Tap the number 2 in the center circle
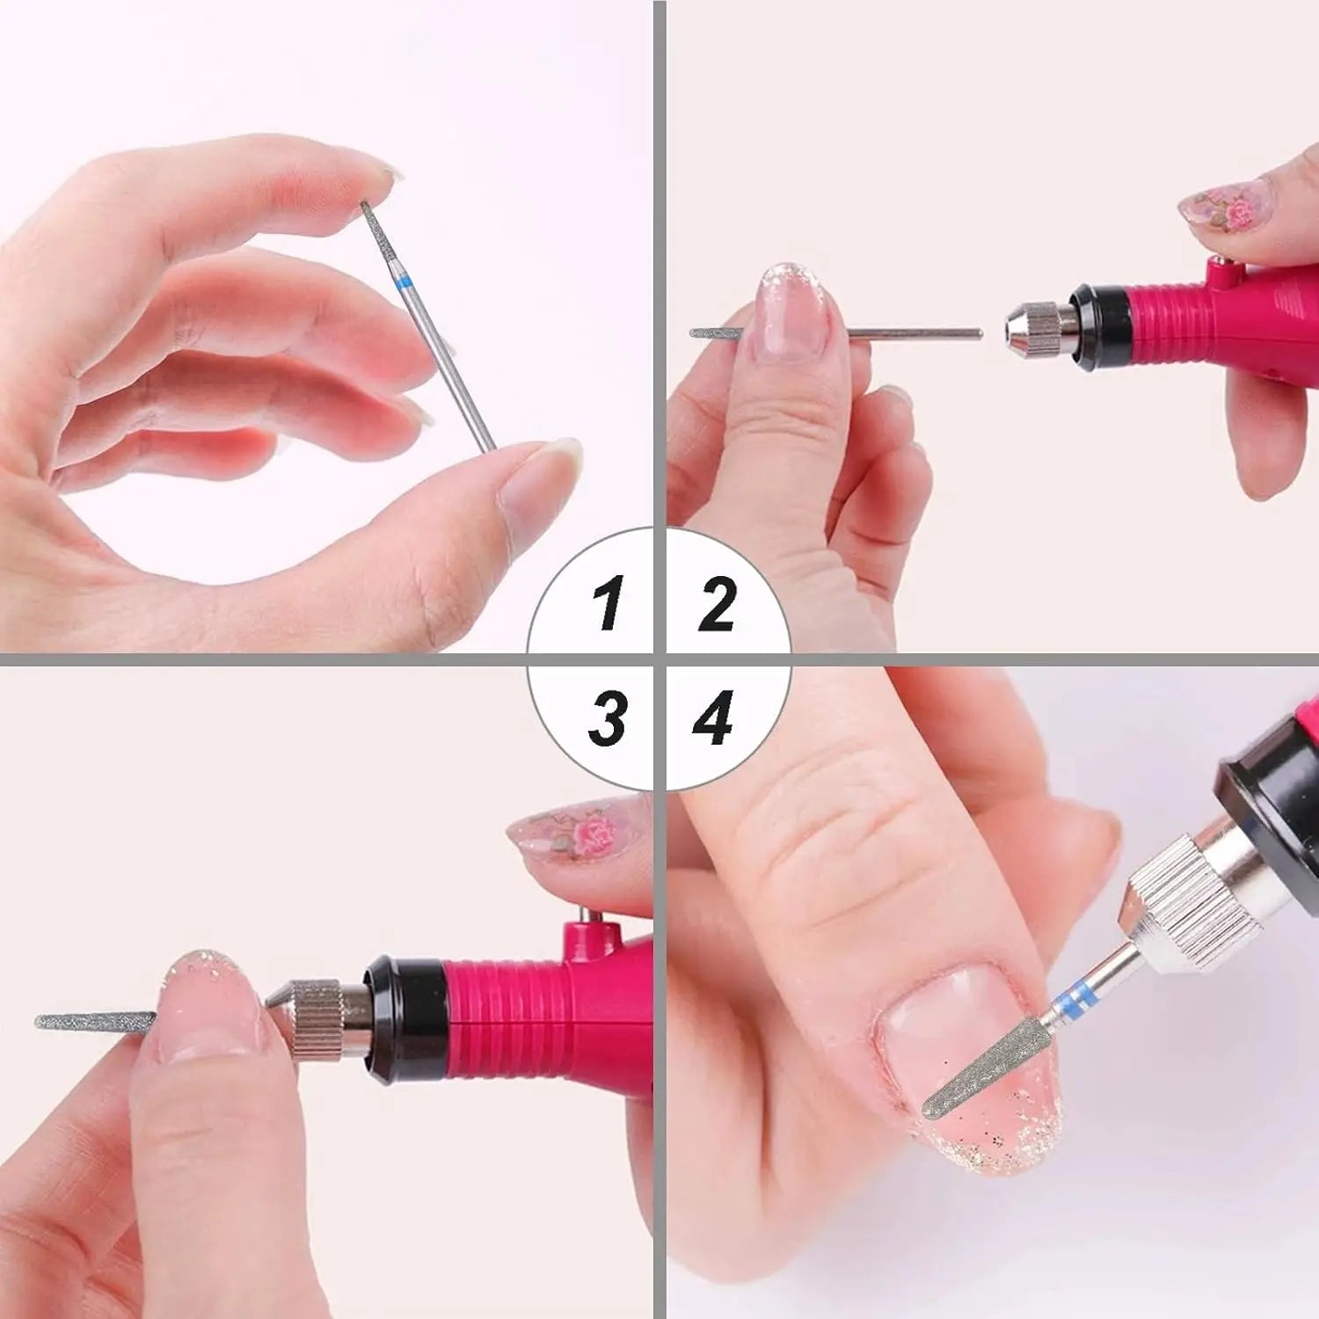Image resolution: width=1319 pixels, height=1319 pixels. point(718,602)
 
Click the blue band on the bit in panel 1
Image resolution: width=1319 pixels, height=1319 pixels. point(404,282)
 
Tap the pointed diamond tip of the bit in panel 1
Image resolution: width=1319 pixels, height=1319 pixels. point(363,203)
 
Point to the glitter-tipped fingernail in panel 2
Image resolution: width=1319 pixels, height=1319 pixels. point(791,312)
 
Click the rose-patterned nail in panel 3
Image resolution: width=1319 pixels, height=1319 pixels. point(572,840)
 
